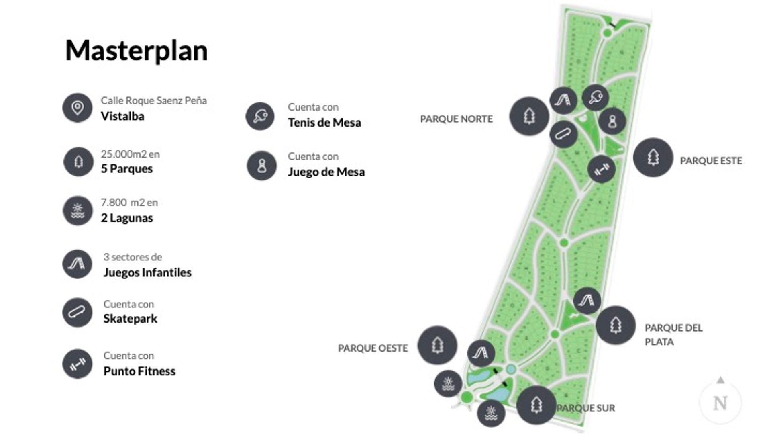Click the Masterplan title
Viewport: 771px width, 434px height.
tap(137, 51)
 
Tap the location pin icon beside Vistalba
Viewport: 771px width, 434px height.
tap(78, 108)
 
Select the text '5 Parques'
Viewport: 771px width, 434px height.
tap(126, 168)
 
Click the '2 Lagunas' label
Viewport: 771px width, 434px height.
tap(126, 218)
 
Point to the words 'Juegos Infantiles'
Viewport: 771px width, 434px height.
tap(147, 272)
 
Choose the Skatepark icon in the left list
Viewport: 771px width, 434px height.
tap(78, 312)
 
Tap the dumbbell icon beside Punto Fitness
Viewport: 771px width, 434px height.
tap(78, 364)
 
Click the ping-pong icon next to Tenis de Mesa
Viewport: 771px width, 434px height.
tap(260, 116)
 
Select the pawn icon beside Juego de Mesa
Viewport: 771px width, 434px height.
tap(262, 166)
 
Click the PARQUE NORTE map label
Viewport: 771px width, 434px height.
tap(456, 119)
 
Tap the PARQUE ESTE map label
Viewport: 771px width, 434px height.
tap(711, 161)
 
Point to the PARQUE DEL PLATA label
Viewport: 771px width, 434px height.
tap(673, 334)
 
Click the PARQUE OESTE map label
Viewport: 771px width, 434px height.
tap(373, 348)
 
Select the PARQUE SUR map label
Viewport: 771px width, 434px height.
tap(586, 408)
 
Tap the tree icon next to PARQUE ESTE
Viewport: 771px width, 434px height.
tap(653, 157)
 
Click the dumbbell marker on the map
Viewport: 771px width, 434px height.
tap(601, 169)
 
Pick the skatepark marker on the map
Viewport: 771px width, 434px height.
tap(563, 134)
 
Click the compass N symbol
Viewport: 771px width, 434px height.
tap(720, 403)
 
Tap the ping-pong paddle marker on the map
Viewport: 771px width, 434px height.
tap(595, 97)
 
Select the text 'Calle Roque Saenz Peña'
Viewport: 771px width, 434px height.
tap(153, 100)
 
